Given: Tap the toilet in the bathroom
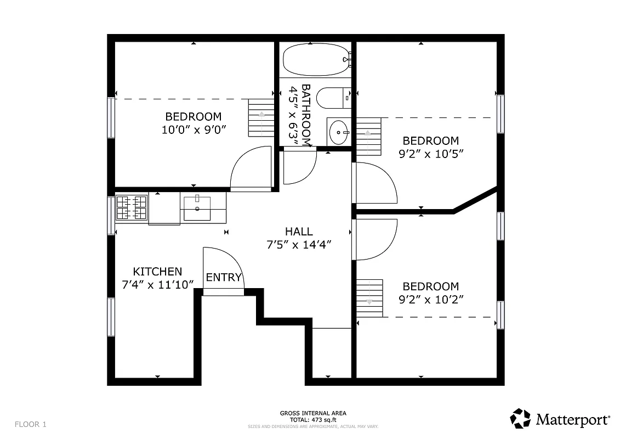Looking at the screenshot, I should (332, 99).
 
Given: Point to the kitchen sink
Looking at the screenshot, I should (196, 207).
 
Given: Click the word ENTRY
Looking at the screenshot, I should (224, 278).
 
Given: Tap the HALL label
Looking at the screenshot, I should (299, 232).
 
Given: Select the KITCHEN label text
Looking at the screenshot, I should (157, 272).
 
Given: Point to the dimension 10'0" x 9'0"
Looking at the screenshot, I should (194, 130).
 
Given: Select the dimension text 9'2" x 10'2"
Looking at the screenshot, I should (431, 300).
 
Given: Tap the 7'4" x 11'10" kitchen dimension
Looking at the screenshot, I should (158, 284).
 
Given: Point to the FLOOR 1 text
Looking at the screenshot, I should (31, 424).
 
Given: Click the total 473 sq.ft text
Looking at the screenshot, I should (313, 419).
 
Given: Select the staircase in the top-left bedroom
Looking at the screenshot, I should (261, 118).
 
